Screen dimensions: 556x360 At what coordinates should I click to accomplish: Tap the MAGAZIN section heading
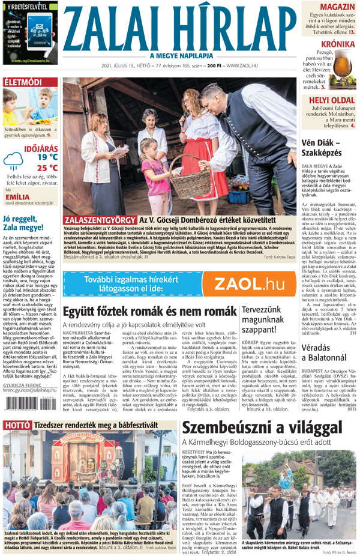(x=336, y=7)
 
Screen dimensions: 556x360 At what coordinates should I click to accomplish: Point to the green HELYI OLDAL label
(x=331, y=99)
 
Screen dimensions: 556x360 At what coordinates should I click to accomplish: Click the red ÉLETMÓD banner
(x=23, y=82)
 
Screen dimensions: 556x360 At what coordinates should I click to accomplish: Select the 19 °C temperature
(x=47, y=157)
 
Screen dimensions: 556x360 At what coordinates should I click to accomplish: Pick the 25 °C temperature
(x=47, y=168)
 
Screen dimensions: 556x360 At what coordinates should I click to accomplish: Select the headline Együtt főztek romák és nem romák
(x=148, y=312)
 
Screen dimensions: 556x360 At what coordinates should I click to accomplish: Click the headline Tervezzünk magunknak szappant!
(x=267, y=321)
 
